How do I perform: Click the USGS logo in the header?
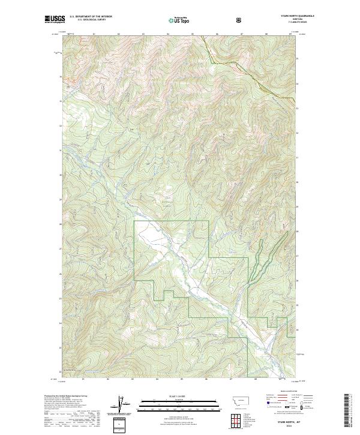pyautogui.click(x=54, y=19)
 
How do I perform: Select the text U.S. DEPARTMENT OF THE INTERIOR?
pyautogui.click(x=91, y=17)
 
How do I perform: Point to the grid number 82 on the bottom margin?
pyautogui.click(x=108, y=379)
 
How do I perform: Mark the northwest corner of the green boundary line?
pyautogui.click(x=134, y=221)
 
